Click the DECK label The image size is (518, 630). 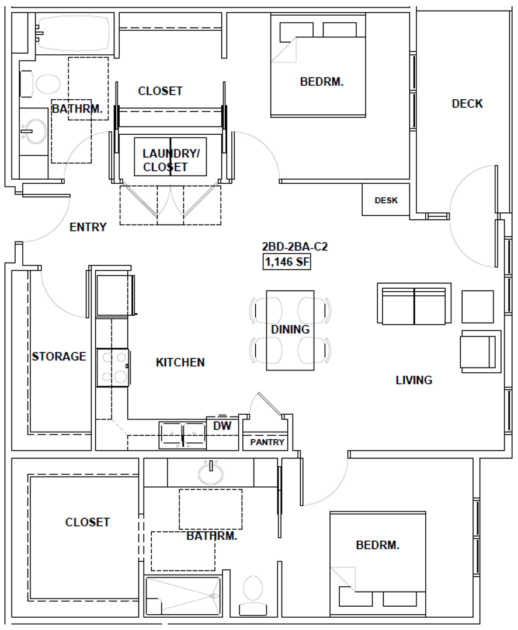pyautogui.click(x=467, y=104)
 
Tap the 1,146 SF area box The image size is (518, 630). pyautogui.click(x=287, y=262)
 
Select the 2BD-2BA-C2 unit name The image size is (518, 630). pyautogui.click(x=295, y=247)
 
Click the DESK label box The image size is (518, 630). pyautogui.click(x=386, y=200)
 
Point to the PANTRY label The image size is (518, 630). pyautogui.click(x=267, y=442)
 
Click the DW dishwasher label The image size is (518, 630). pyautogui.click(x=222, y=426)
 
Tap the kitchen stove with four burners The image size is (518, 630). pyautogui.click(x=113, y=367)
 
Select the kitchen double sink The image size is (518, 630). pyautogui.click(x=183, y=435)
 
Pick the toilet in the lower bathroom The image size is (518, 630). pyautogui.click(x=253, y=595)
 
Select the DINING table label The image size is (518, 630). pyautogui.click(x=290, y=330)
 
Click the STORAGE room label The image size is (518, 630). pyautogui.click(x=59, y=356)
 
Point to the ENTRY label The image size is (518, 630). pyautogui.click(x=88, y=227)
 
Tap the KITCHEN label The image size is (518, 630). pyautogui.click(x=180, y=362)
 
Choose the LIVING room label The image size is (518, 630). pyautogui.click(x=414, y=380)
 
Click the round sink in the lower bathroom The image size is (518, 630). pyautogui.click(x=210, y=473)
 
